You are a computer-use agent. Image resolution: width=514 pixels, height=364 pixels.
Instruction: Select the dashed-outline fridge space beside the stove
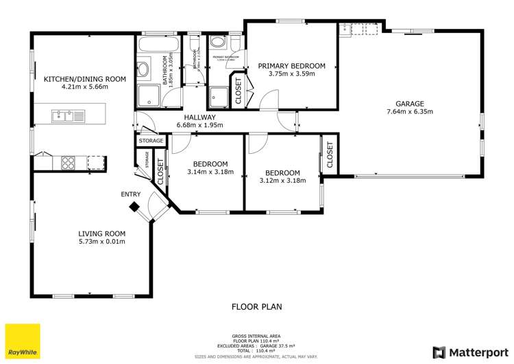pyautogui.click(x=96, y=162)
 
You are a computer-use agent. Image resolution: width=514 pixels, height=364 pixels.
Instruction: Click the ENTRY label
pyautogui.click(x=131, y=194)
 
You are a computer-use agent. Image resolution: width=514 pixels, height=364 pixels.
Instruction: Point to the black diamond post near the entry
pyautogui.click(x=136, y=206)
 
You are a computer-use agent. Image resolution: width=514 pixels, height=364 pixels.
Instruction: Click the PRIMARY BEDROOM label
pyautogui.click(x=291, y=66)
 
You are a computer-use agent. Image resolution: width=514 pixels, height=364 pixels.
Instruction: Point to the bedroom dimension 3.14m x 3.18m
pyautogui.click(x=210, y=172)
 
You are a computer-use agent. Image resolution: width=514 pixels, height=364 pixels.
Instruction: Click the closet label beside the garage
pyautogui.click(x=329, y=155)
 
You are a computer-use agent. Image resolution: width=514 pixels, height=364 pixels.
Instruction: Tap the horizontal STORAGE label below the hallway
pyautogui.click(x=151, y=141)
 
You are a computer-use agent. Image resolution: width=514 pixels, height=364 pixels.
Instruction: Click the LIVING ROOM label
pyautogui.click(x=102, y=234)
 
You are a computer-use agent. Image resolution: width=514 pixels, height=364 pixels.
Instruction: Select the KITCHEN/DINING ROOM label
pyautogui.click(x=85, y=79)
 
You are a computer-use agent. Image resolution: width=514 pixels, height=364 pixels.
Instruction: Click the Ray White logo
pyautogui.click(x=23, y=341)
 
